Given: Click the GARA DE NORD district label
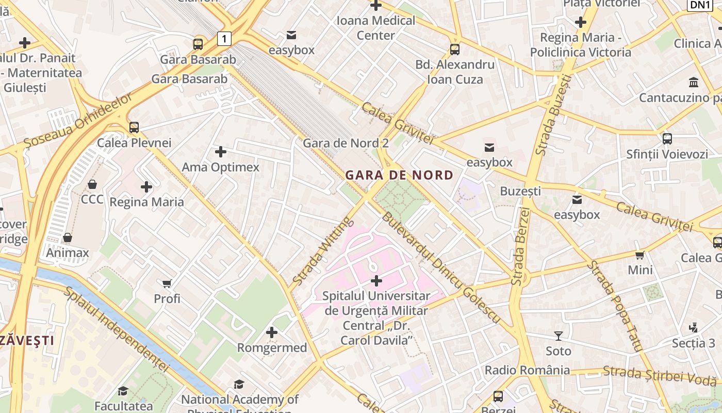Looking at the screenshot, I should click(x=399, y=175).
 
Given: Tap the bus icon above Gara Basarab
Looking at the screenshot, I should click(x=198, y=44).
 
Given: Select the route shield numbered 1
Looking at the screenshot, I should click(x=224, y=38).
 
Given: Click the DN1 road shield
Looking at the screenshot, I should click(x=700, y=5).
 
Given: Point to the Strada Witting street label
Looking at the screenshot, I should click(x=322, y=251).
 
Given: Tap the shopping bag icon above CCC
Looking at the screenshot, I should click(x=92, y=184).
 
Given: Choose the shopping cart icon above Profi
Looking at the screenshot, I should click(x=167, y=283).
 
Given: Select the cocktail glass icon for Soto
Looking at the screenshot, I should click(x=559, y=336).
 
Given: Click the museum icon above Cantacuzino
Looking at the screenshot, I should click(x=694, y=83).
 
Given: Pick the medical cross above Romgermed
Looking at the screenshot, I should click(x=272, y=332).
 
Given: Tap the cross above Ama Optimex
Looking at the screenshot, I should click(x=221, y=152).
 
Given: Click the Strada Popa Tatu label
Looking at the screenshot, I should click(x=615, y=307).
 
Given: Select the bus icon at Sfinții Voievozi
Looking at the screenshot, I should click(x=667, y=138).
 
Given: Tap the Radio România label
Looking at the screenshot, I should click(x=527, y=370).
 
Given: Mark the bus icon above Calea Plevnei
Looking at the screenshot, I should click(x=134, y=127).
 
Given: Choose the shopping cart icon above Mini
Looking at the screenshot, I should click(x=640, y=255).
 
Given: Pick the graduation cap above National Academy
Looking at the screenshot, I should click(x=239, y=384).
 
